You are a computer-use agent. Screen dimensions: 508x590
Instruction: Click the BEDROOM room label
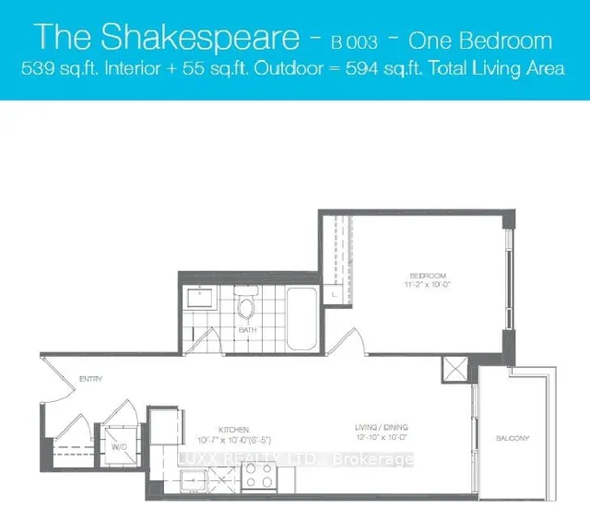[x=429, y=276]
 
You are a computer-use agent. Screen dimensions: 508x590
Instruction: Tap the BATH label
[x=246, y=329]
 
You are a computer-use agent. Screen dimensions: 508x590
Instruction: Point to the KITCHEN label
[x=230, y=429]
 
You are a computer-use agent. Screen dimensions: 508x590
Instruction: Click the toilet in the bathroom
[x=246, y=305]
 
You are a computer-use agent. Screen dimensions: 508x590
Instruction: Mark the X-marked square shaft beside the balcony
[x=455, y=372]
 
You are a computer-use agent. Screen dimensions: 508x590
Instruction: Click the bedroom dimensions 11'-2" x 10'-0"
[x=429, y=286]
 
